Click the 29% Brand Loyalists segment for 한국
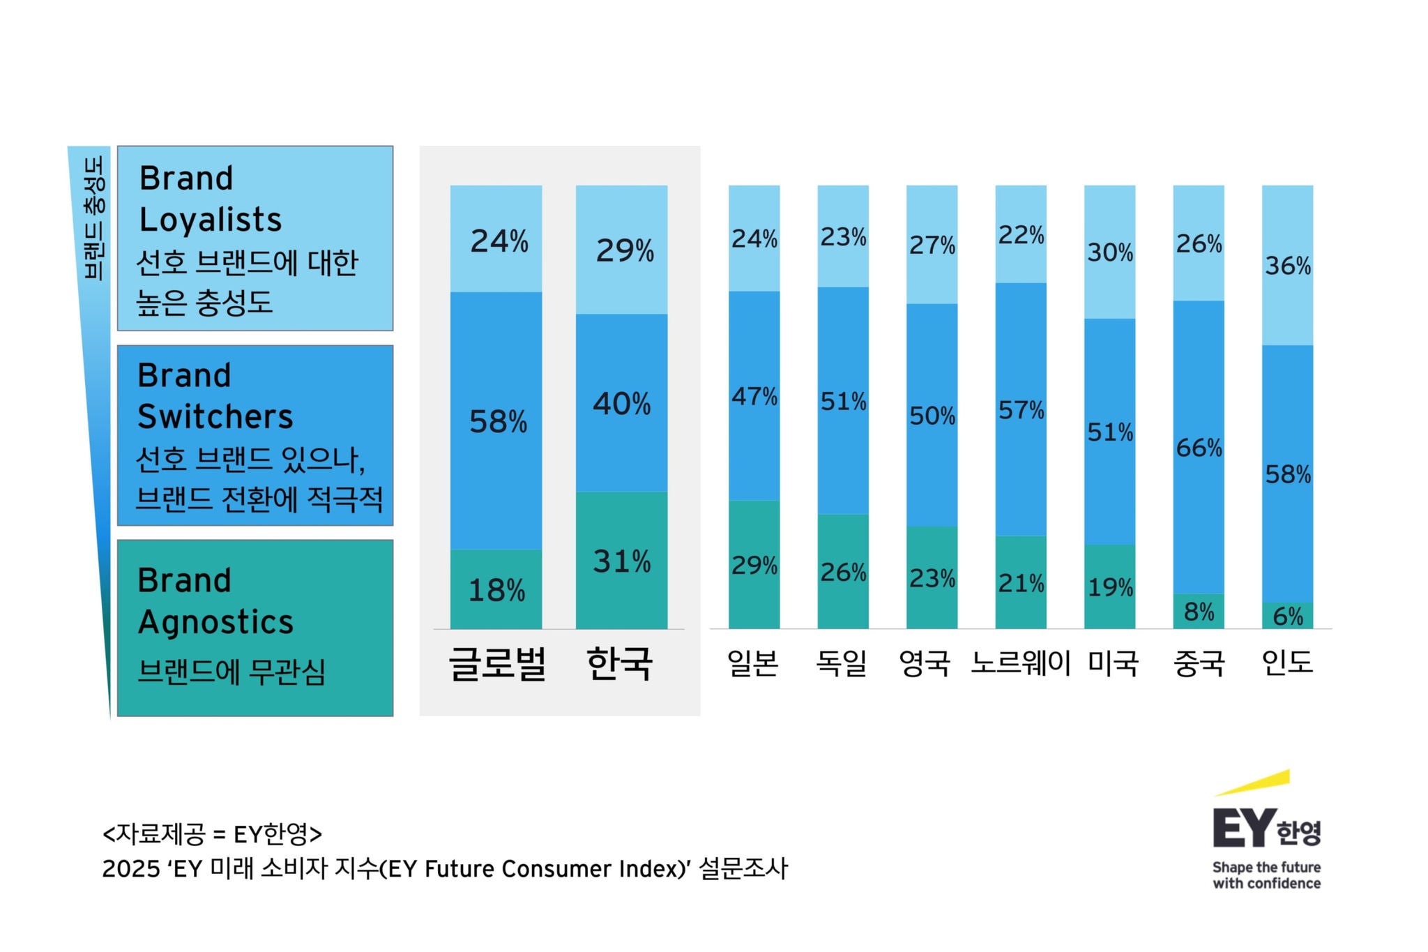pyautogui.click(x=621, y=250)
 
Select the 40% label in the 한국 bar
pyautogui.click(x=621, y=404)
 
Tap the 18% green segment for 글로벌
pyautogui.click(x=496, y=590)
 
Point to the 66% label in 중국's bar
pyautogui.click(x=1199, y=448)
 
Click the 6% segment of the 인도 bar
pyautogui.click(x=1287, y=616)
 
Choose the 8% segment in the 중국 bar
pyautogui.click(x=1199, y=612)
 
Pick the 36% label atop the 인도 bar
pyautogui.click(x=1288, y=266)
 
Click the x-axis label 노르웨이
pyautogui.click(x=1020, y=663)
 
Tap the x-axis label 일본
pyautogui.click(x=753, y=663)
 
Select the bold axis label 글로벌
pyautogui.click(x=496, y=663)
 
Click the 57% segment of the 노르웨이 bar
pyautogui.click(x=1021, y=410)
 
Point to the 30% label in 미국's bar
pyautogui.click(x=1110, y=252)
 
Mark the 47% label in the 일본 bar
pyautogui.click(x=754, y=396)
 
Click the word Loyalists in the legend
pyautogui.click(x=211, y=220)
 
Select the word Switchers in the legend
pyautogui.click(x=215, y=417)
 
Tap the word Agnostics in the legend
pyautogui.click(x=215, y=622)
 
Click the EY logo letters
pyautogui.click(x=1244, y=829)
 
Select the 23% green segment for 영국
pyautogui.click(x=932, y=578)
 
